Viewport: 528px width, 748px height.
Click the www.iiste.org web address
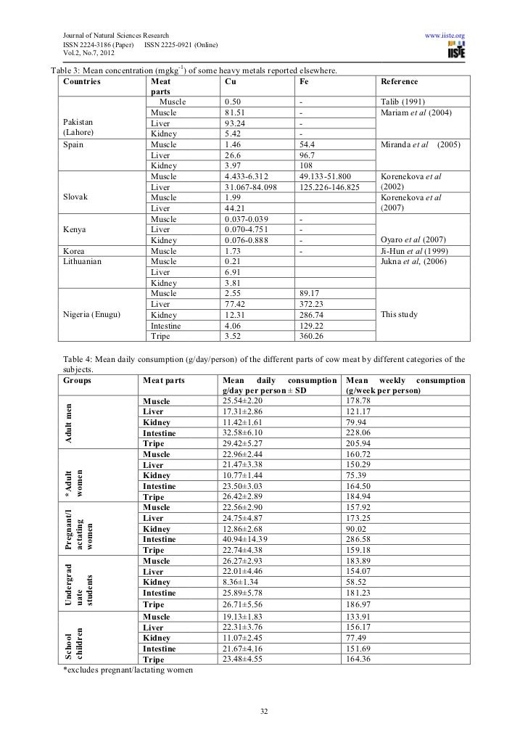pos(444,36)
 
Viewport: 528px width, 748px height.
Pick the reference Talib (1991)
pos(403,102)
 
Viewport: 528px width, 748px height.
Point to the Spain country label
pos(73,145)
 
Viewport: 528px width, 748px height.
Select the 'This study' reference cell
pos(400,315)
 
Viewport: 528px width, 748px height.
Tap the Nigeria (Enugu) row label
pos(92,315)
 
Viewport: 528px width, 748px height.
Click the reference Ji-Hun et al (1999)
pos(412,250)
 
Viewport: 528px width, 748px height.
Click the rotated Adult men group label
pos(67,423)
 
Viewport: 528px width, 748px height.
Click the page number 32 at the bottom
pos(264,710)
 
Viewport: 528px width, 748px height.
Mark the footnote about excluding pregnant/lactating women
pos(128,670)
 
